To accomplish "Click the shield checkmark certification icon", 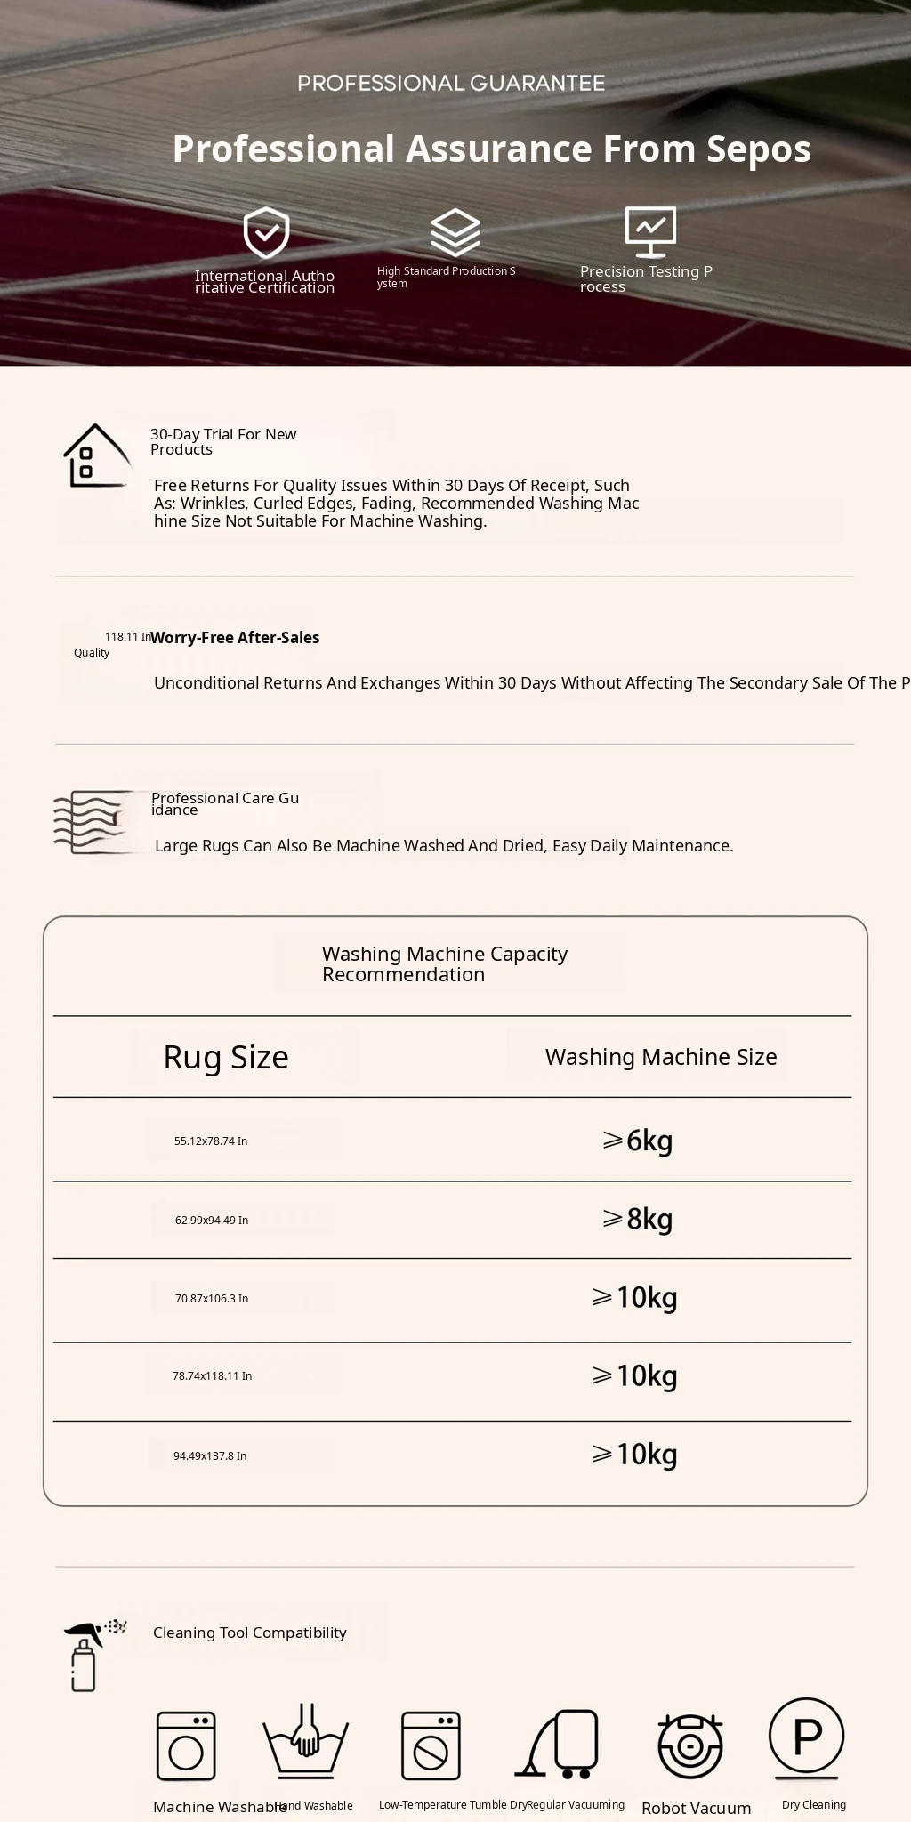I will click(266, 232).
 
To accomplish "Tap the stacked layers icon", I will click(455, 232).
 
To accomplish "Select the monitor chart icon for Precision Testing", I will click(650, 230).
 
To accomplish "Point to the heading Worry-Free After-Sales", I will click(235, 638).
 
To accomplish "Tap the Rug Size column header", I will click(226, 1057).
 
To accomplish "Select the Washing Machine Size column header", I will click(661, 1057).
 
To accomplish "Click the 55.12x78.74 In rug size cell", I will click(211, 1141).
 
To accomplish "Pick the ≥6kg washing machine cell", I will click(637, 1141).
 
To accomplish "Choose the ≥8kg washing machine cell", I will click(637, 1219).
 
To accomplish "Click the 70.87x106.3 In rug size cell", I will click(212, 1299).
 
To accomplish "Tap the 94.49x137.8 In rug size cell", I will click(210, 1456).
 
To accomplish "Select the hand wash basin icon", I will click(305, 1740).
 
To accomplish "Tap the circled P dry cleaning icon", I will click(806, 1736).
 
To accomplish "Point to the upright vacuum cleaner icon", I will click(559, 1744).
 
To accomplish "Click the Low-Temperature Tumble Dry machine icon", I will click(431, 1745).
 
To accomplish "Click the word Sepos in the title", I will click(759, 149).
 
